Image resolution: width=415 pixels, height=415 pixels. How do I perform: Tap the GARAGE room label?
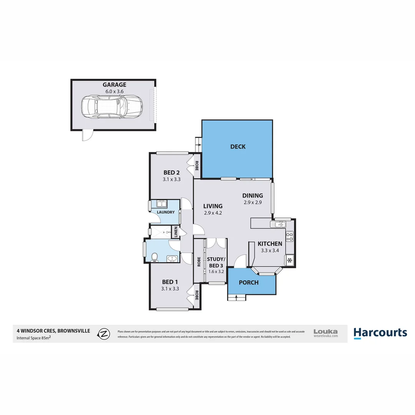114,85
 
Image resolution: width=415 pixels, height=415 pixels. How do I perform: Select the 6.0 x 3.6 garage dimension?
114,91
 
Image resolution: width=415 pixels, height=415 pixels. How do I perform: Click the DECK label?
237,146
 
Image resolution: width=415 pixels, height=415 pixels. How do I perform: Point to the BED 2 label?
171,173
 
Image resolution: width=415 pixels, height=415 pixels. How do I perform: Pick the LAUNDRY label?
166,212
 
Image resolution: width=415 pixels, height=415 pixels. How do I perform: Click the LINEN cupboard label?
176,232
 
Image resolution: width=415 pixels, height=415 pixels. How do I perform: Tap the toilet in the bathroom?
154,257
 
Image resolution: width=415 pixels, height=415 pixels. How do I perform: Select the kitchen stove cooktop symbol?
290,236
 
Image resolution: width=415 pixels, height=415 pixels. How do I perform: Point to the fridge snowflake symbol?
290,261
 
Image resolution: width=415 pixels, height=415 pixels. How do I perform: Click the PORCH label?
249,282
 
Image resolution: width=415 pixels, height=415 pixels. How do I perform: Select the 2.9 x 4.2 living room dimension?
213,212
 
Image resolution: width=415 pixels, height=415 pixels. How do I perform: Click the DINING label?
252,196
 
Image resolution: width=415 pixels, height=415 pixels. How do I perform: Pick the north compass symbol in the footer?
103,334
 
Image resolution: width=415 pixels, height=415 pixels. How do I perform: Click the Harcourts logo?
380,333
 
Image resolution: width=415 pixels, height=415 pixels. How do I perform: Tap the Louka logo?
325,333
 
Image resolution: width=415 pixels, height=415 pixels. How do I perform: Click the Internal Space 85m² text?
34,338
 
